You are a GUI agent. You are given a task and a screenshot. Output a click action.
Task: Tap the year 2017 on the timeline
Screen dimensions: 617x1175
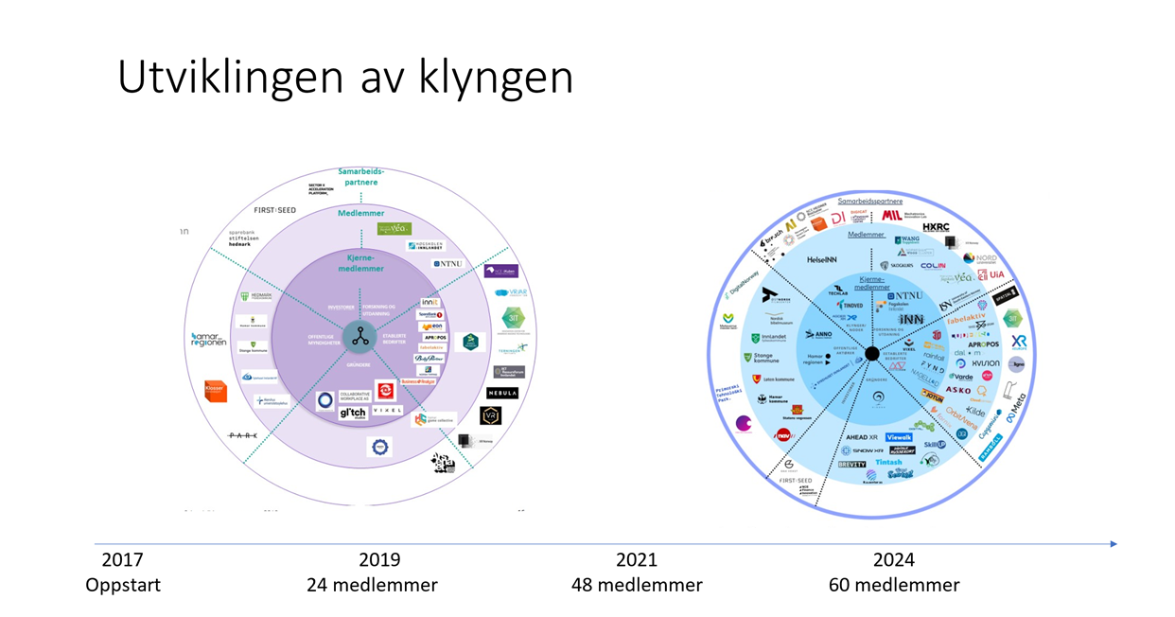(122, 560)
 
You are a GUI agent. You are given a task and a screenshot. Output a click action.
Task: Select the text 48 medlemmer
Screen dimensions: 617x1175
(637, 585)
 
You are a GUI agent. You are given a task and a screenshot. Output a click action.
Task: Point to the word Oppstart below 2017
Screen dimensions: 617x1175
(123, 585)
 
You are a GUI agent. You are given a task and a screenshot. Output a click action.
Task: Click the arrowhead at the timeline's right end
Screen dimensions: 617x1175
(1114, 544)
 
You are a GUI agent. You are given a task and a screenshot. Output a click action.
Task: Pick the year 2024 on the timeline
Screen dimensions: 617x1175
(894, 560)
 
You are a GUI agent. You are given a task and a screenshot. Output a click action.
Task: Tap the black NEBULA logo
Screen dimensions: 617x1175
(502, 393)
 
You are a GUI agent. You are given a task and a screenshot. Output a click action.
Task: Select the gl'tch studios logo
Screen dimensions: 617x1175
(352, 414)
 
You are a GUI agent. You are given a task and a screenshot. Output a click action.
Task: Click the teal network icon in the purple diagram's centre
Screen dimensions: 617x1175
(360, 334)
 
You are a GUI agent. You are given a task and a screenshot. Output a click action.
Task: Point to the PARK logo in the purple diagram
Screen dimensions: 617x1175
(242, 435)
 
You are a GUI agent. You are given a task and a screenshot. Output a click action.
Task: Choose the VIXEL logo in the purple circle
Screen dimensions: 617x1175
(388, 411)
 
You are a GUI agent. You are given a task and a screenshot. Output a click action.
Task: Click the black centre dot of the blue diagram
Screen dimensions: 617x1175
(872, 353)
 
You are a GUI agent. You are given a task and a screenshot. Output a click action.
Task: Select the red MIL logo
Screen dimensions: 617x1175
(891, 216)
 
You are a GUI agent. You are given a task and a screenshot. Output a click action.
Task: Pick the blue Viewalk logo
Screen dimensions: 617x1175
(899, 437)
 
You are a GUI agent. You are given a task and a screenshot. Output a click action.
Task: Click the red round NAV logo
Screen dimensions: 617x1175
(782, 435)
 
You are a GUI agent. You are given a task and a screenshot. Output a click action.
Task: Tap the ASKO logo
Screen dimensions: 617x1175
(958, 389)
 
